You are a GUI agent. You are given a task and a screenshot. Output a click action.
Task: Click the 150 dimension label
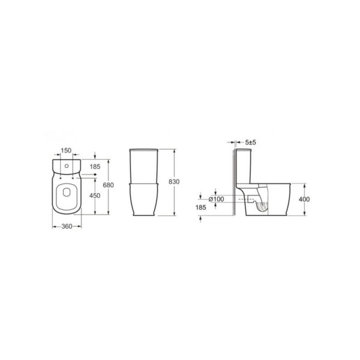tap(66, 151)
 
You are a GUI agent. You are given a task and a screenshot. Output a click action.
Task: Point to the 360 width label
tap(66, 226)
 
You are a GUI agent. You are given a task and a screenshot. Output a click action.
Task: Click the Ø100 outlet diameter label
tap(215, 199)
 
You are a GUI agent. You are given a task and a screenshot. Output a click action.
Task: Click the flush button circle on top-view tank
tap(67, 168)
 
